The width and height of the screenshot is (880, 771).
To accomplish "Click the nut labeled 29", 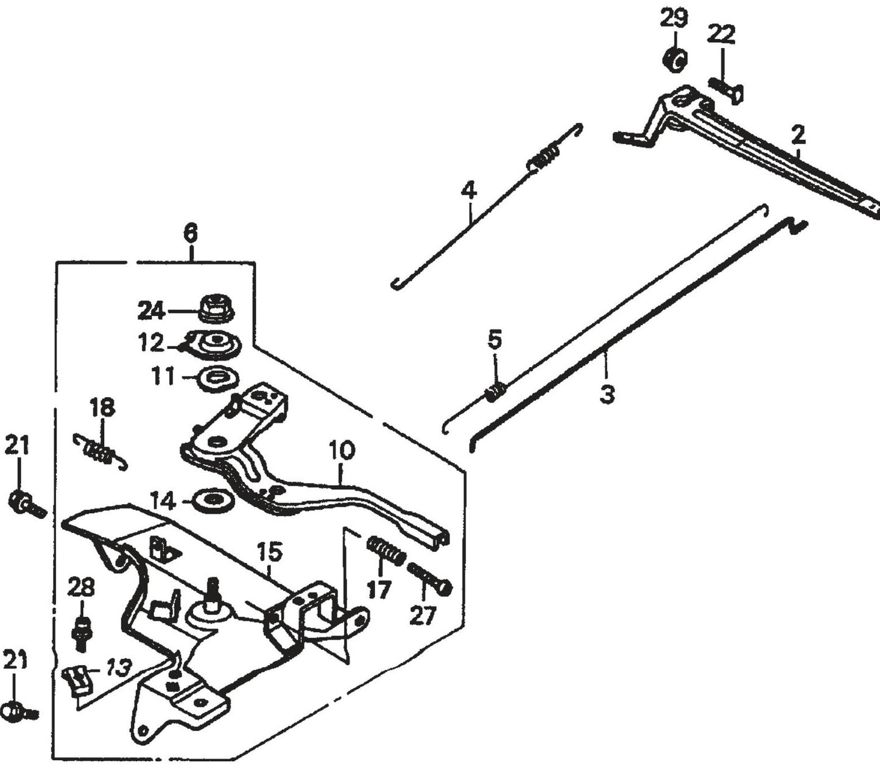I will coord(674,58).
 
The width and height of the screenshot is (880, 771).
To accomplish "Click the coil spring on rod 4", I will coord(542,158).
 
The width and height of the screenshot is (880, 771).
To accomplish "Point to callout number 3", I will coord(607,394).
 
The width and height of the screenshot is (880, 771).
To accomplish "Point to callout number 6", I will coord(191,233).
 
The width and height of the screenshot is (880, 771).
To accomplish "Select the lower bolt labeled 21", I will coord(18,710).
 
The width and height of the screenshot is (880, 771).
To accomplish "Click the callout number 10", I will coord(342,451).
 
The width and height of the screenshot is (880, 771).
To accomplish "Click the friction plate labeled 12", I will coord(214,345).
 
